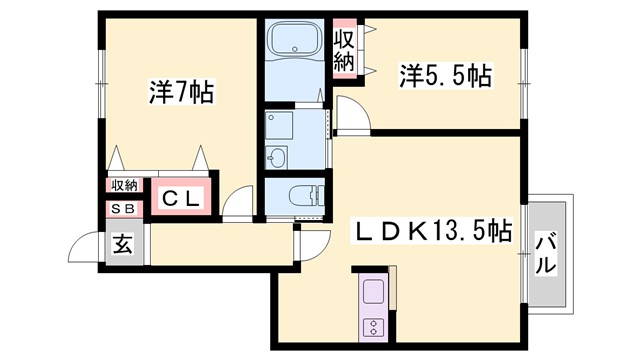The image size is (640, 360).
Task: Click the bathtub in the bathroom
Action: click(x=296, y=42)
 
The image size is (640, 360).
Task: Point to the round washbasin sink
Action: click(x=277, y=158)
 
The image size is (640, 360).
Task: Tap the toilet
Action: click(x=297, y=196)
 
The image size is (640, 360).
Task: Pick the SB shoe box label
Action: click(x=123, y=208)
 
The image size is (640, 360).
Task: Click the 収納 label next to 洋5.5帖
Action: click(x=344, y=51)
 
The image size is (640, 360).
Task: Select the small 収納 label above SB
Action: click(x=124, y=184)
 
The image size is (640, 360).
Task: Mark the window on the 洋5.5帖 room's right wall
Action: click(x=523, y=75)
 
